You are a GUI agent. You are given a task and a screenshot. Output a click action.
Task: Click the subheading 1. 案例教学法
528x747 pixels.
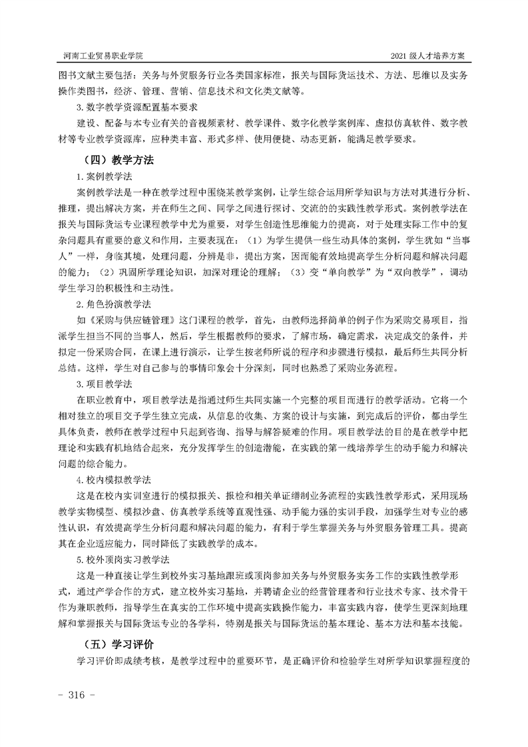(x=105, y=176)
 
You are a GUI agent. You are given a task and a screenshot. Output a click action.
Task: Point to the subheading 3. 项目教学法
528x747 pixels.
(x=105, y=385)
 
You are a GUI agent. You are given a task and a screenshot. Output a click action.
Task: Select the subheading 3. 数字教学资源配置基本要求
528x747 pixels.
(x=135, y=107)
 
